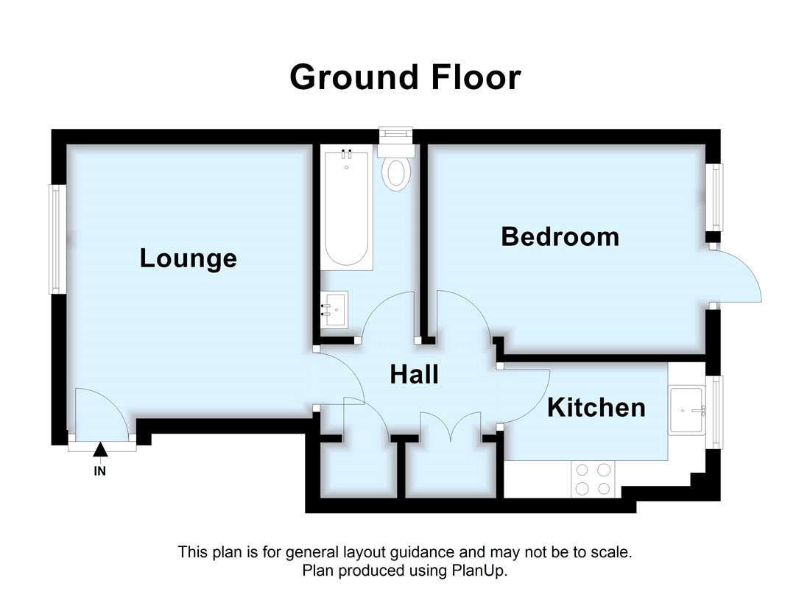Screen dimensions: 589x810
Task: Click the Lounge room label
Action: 189,258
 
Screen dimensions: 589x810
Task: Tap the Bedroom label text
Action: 560,237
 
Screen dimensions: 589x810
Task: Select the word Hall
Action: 414,375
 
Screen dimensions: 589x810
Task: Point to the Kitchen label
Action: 596,407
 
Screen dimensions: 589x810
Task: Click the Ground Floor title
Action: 405,77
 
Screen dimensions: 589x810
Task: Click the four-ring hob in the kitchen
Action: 594,478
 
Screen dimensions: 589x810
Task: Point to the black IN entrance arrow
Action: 101,450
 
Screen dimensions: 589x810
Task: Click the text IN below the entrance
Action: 100,472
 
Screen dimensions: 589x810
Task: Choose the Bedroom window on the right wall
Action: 715,197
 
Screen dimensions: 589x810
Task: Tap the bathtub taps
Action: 346,154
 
